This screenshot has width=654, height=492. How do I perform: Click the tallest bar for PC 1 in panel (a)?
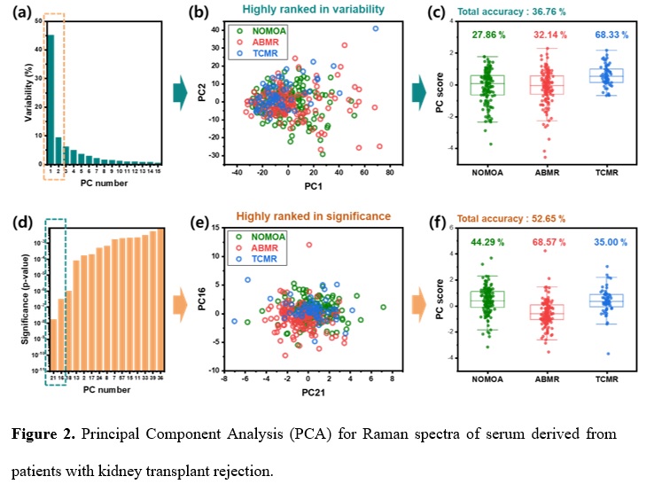pos(51,99)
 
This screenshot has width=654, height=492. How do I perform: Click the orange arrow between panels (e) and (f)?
pos(404,300)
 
